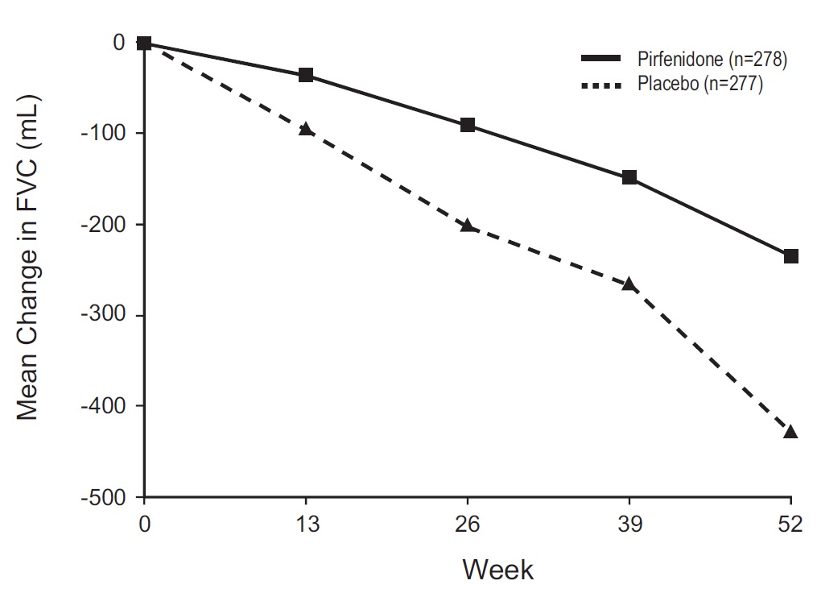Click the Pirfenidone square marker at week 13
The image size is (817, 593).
(306, 75)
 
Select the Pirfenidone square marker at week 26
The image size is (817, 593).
(468, 125)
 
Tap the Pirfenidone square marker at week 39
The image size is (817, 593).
(629, 177)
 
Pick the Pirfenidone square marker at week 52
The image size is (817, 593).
(790, 256)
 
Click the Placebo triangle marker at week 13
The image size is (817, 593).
(306, 129)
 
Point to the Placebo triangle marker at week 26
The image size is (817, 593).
(468, 226)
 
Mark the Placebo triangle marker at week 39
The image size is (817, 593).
(629, 284)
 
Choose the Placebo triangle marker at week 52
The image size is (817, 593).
(790, 433)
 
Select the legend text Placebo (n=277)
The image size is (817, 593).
(699, 83)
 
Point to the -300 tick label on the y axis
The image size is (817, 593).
(108, 315)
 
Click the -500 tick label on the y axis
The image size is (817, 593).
(108, 496)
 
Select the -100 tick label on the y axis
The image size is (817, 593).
(108, 133)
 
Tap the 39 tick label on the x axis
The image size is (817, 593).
(629, 525)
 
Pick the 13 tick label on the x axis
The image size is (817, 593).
(306, 525)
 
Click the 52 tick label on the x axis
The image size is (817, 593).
(790, 525)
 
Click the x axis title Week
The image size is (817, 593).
(497, 570)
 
